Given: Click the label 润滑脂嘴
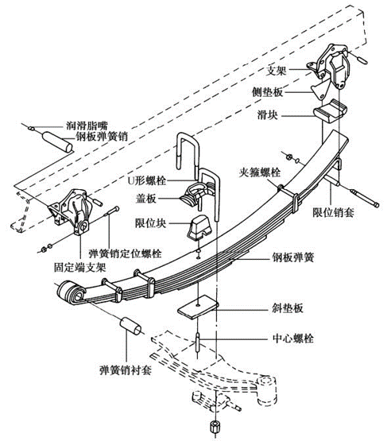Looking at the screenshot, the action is [87, 126].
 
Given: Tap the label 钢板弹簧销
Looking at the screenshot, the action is [102, 137].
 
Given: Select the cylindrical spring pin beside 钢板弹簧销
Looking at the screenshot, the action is [57, 142].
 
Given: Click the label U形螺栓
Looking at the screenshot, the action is [147, 180].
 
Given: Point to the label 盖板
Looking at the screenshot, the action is [145, 199].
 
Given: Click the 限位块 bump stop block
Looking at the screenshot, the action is [199, 228].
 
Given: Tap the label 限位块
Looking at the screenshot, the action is [150, 223].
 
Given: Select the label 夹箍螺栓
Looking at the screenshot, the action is [260, 172].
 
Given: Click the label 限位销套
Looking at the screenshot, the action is [333, 213].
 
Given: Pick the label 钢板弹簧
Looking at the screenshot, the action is [292, 257].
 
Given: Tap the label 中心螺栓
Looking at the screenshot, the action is [292, 338].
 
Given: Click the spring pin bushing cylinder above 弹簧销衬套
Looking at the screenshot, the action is [131, 326].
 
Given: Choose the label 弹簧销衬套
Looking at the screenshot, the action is [126, 369].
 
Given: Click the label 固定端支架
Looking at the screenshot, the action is [80, 268].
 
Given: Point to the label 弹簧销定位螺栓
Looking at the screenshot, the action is [126, 253].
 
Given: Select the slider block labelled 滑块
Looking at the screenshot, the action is [331, 110].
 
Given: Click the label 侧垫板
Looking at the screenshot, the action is [267, 92].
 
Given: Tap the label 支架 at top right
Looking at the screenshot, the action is [277, 70].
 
